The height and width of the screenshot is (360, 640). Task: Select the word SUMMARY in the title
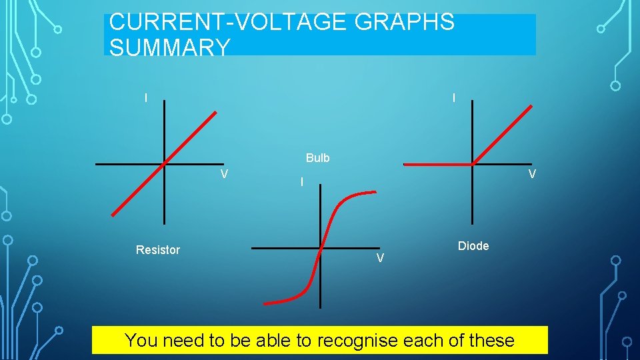tap(169, 47)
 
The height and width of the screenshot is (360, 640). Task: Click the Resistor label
tap(158, 250)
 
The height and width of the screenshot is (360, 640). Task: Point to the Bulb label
tap(318, 158)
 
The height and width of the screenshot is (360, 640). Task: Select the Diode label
tap(473, 246)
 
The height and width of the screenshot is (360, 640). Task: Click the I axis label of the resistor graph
tap(146, 98)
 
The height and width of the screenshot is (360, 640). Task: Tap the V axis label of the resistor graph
tap(225, 175)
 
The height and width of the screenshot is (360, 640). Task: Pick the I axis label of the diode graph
tap(454, 98)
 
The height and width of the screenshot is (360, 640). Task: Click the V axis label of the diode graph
tap(532, 175)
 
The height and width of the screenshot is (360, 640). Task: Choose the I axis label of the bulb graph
tap(302, 182)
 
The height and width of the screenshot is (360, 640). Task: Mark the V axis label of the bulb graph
tap(379, 259)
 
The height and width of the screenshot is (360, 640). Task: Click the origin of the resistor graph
tap(164, 163)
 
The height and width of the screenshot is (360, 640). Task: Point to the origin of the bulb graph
tap(321, 248)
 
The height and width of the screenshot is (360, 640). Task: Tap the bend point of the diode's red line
tap(473, 163)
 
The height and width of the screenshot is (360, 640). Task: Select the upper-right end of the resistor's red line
tap(216, 112)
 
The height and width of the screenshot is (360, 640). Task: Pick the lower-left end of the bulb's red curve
tap(265, 303)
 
